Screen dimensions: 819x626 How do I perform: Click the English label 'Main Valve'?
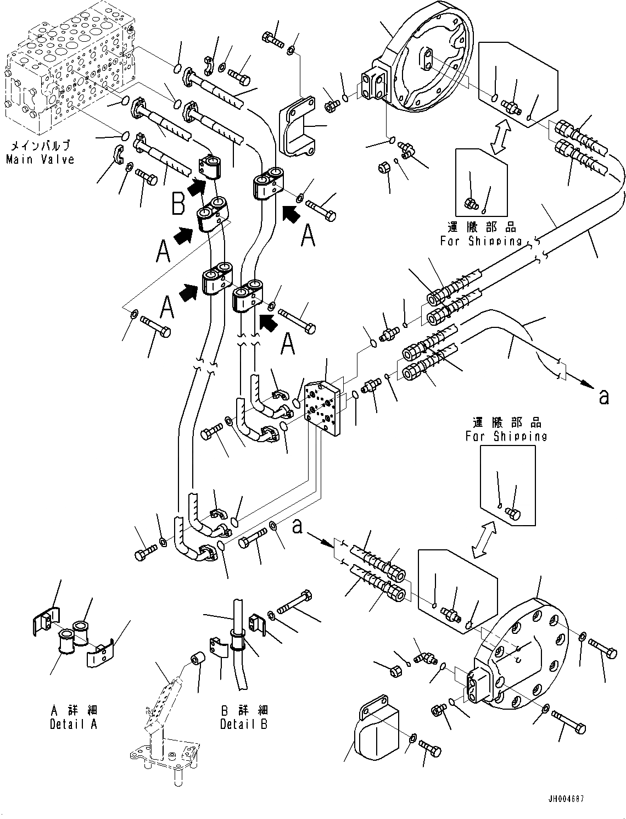40,159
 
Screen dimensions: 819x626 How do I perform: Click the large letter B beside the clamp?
178,205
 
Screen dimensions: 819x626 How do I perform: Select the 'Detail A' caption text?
73,724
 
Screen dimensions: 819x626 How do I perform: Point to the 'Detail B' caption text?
244,724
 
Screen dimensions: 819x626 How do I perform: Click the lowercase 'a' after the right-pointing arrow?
604,396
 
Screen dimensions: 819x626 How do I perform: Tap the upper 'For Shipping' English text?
480,241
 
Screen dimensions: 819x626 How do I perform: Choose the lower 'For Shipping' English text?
506,436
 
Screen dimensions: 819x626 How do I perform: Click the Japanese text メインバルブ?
40,146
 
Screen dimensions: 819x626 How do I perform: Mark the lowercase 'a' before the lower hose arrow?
297,527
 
